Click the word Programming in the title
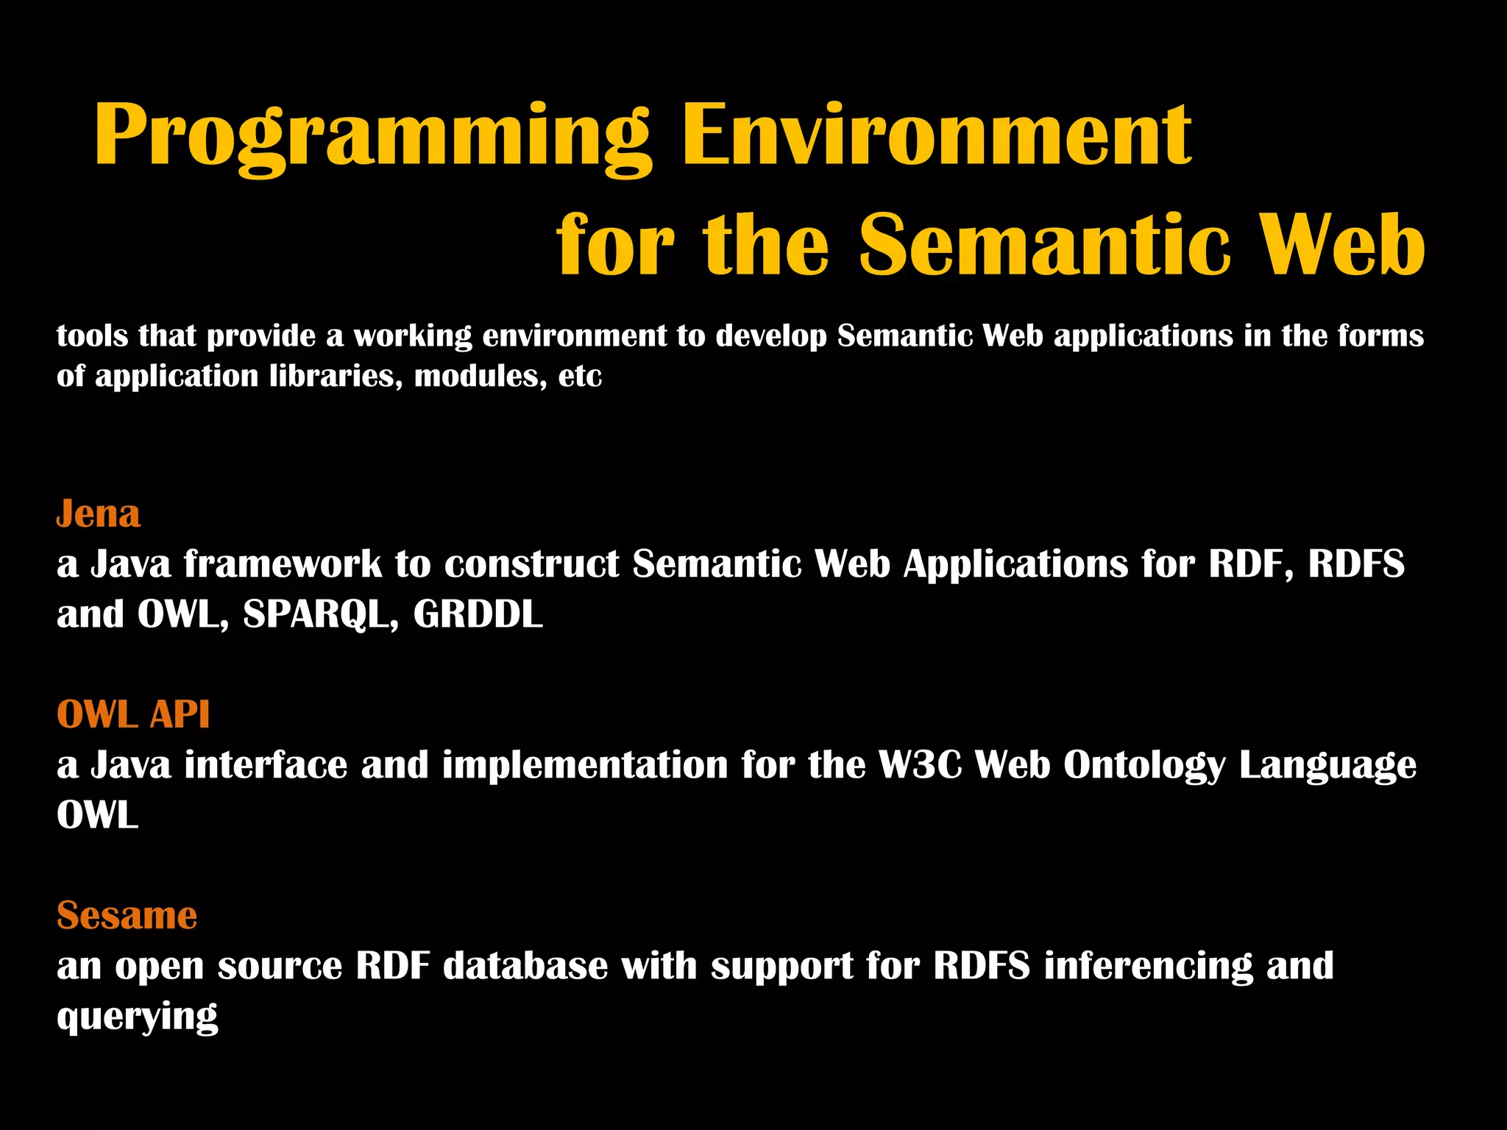(x=372, y=136)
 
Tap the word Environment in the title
(x=936, y=136)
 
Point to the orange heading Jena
(x=98, y=514)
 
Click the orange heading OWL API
(x=133, y=714)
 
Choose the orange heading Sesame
(x=127, y=915)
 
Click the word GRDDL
(x=478, y=614)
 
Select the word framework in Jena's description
(x=283, y=564)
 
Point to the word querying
(x=137, y=1017)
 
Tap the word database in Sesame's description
(x=525, y=965)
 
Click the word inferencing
(x=1147, y=967)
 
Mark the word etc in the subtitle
(x=580, y=377)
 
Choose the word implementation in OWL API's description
(x=584, y=765)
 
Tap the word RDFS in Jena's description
(x=1355, y=564)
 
